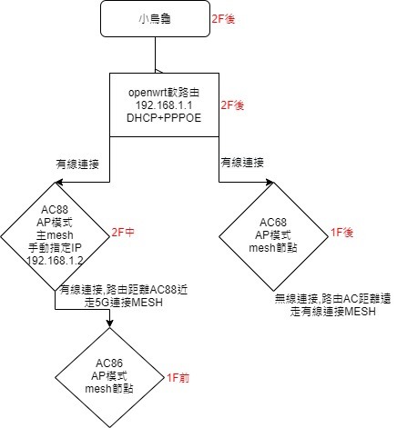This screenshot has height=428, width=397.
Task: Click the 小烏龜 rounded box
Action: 155,19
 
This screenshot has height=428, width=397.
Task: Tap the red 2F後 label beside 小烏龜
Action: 223,19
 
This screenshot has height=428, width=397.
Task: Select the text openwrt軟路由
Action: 164,93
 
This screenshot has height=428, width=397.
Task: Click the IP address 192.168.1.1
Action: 164,105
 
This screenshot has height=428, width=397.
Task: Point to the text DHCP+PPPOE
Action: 164,118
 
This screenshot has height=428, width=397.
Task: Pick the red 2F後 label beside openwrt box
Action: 232,105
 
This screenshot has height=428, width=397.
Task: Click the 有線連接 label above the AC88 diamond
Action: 77,164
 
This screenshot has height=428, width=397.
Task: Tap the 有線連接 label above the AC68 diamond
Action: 242,163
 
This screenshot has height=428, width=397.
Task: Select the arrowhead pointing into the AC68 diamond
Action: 270,182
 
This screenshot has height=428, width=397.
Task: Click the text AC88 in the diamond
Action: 55,210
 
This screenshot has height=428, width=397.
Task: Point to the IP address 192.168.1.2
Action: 55,261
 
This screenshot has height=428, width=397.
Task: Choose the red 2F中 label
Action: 123,233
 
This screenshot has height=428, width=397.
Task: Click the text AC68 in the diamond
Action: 273,223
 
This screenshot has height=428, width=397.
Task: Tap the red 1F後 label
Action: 341,233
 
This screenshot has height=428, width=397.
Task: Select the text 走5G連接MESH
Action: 124,303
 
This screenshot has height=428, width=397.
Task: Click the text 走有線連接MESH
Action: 333,312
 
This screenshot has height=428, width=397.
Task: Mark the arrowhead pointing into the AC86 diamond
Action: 109,323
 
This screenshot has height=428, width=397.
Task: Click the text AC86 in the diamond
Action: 109,363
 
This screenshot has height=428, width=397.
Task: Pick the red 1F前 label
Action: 178,378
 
